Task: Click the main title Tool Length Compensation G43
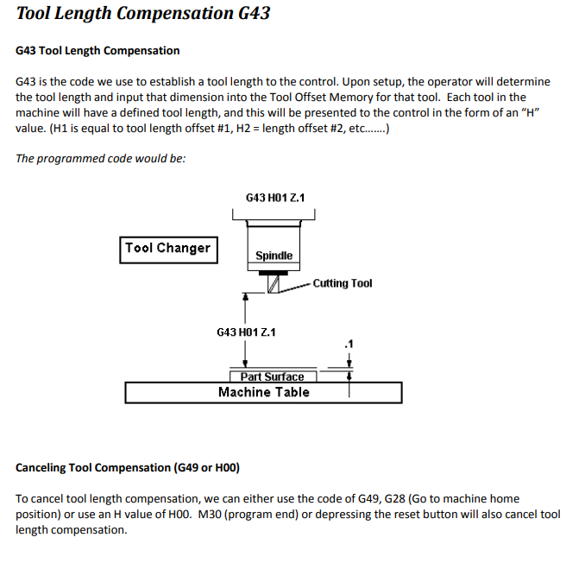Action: pyautogui.click(x=143, y=14)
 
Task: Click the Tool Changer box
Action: pyautogui.click(x=167, y=249)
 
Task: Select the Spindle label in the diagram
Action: pyautogui.click(x=274, y=256)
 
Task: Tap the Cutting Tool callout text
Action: pyautogui.click(x=343, y=283)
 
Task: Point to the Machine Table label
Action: pyautogui.click(x=263, y=392)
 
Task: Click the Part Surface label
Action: pyautogui.click(x=272, y=376)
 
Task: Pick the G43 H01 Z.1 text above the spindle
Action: pyautogui.click(x=274, y=198)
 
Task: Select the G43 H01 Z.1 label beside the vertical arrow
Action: pyautogui.click(x=246, y=332)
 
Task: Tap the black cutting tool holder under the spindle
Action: pyautogui.click(x=274, y=272)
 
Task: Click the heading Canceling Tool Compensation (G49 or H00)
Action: pyautogui.click(x=128, y=468)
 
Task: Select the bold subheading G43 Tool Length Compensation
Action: pyautogui.click(x=97, y=51)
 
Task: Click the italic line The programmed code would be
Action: pyautogui.click(x=101, y=158)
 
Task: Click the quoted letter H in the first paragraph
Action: pyautogui.click(x=532, y=113)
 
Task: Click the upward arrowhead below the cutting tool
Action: pyautogui.click(x=246, y=296)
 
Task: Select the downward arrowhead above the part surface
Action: pyautogui.click(x=246, y=364)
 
